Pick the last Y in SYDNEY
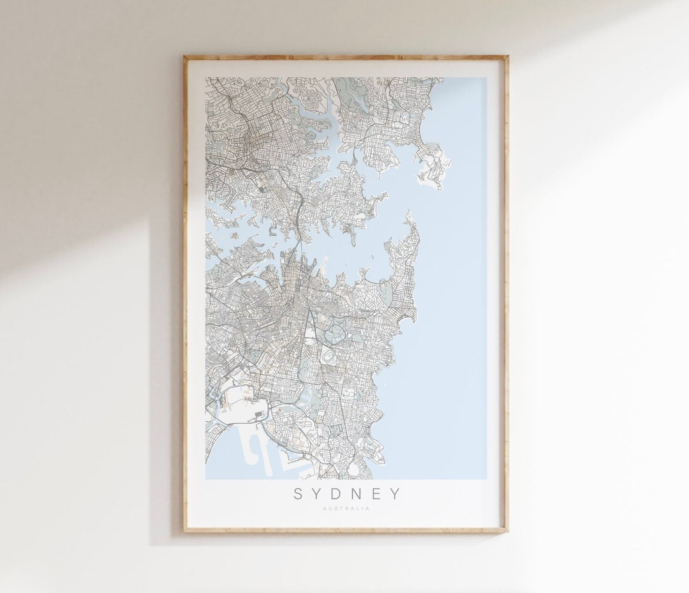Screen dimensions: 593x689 coord(397,493)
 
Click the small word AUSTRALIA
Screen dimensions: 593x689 coord(346,509)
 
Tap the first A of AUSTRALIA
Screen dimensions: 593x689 coord(325,509)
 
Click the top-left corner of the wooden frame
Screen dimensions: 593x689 coord(185,57)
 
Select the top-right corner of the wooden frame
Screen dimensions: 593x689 coord(507,57)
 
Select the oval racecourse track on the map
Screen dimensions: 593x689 coord(329,355)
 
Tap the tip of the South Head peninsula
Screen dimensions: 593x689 coord(408,217)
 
